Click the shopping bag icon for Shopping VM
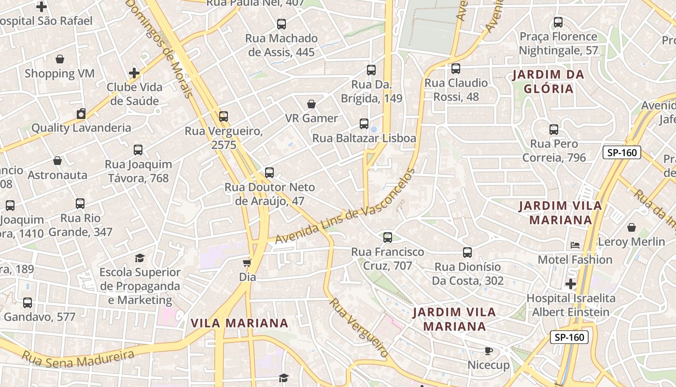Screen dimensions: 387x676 (60, 59)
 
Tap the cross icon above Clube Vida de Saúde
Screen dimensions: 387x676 (134, 73)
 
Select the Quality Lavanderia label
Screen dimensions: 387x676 (81, 128)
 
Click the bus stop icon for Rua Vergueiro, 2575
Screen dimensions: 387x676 (223, 117)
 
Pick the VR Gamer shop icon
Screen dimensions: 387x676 (311, 104)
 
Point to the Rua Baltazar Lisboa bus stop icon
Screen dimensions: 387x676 (364, 124)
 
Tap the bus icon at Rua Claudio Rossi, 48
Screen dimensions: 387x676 (455, 69)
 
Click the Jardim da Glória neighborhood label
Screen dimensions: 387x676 (549, 82)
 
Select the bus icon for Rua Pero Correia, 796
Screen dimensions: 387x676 (554, 130)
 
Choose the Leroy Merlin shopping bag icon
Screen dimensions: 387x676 (631, 227)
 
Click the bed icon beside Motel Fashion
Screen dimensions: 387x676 (575, 245)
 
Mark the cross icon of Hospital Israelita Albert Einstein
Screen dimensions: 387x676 (571, 283)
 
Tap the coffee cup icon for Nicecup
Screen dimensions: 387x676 (488, 351)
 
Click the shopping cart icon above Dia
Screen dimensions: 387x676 (247, 263)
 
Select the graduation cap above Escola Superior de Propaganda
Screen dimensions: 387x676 (140, 258)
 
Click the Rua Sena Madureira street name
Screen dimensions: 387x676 (78, 357)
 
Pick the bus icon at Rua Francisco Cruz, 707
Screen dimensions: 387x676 (388, 238)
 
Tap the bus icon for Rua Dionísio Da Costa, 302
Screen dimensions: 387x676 (467, 253)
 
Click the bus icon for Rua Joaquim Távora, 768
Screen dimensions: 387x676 (138, 150)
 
